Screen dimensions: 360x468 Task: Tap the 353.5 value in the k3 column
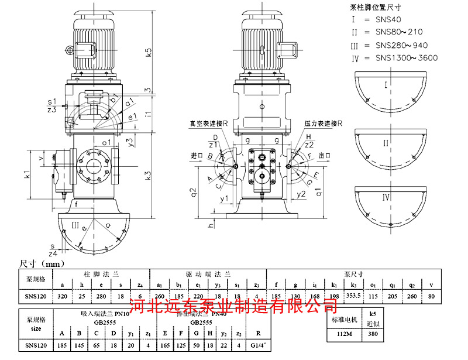354,296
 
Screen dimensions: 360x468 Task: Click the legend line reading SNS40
389,19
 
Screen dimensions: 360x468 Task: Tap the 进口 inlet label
197,156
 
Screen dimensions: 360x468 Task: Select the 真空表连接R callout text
208,124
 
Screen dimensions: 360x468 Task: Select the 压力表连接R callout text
323,124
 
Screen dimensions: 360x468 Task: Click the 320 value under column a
63,296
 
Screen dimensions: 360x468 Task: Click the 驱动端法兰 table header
208,273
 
